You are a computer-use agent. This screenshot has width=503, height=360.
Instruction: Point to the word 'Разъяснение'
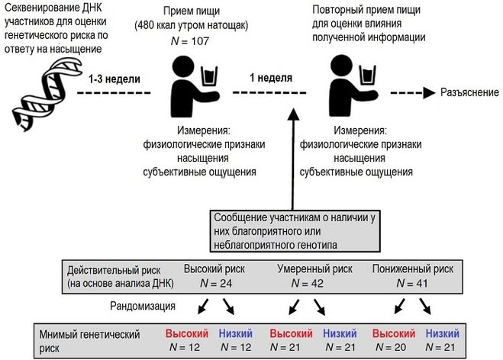[468, 92]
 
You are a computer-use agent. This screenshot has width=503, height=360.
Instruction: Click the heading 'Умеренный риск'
[313, 269]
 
